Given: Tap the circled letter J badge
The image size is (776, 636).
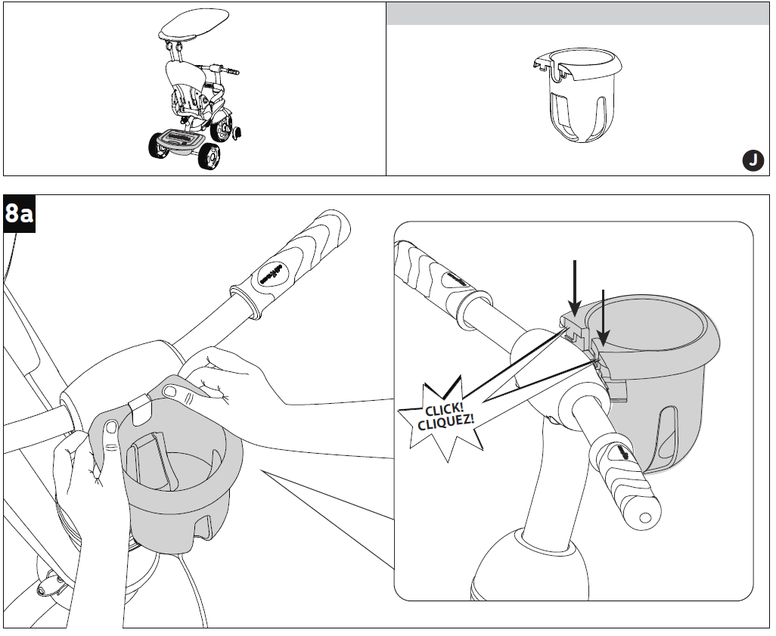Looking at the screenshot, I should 751,160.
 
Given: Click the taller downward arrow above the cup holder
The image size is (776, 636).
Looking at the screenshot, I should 576,287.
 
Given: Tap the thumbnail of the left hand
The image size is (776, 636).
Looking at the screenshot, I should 111,428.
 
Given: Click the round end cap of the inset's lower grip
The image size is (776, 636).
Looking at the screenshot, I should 644,519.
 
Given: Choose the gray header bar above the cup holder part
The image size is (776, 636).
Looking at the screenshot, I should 579,14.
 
